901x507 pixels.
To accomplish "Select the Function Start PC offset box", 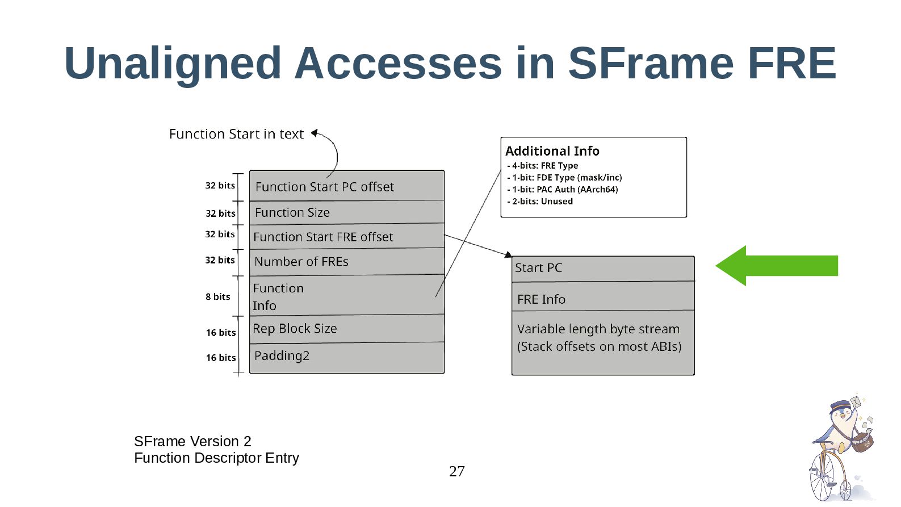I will point(346,186).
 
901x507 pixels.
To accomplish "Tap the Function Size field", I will point(346,212).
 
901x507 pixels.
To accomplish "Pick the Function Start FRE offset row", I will point(346,237).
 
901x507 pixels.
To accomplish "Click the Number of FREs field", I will point(346,262).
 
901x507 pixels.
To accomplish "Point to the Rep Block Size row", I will point(346,329).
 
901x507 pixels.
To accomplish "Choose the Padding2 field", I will point(346,357).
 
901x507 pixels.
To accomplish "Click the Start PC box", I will point(603,268).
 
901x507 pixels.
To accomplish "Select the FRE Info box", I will point(603,299).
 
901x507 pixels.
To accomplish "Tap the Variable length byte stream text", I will point(598,329).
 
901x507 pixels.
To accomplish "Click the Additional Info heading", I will point(552,151).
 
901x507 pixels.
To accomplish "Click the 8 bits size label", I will point(218,296).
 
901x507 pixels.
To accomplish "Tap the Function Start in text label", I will point(236,134).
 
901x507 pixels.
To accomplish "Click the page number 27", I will point(456,471).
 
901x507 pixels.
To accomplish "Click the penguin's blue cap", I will point(840,407).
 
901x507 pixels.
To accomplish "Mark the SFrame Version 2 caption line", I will point(192,441).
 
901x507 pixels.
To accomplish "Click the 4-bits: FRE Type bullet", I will point(543,166).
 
